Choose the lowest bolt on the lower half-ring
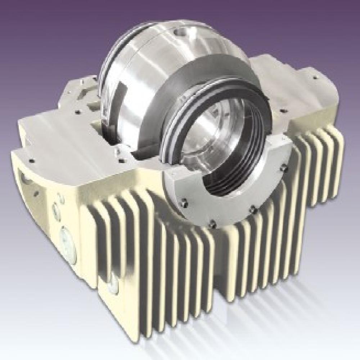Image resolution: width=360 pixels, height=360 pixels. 213,224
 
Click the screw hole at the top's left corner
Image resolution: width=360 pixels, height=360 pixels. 32,161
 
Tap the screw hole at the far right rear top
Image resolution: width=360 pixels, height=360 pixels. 315,77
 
